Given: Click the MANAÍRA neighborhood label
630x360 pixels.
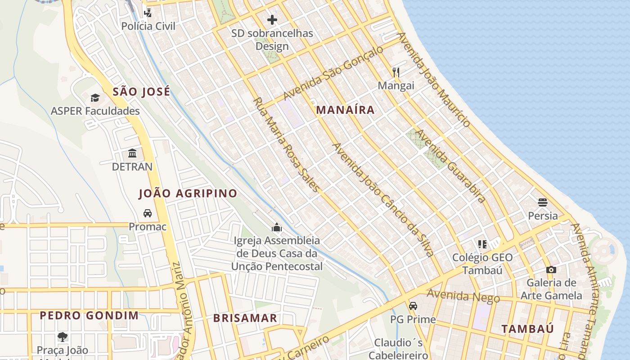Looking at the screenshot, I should click(345, 109).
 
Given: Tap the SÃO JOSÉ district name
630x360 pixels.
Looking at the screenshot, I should click(141, 92).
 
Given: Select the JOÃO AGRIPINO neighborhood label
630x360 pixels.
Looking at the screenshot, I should click(188, 193).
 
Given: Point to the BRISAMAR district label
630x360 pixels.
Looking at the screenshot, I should click(245, 318).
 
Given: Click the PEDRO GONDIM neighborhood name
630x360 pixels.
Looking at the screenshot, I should click(89, 315).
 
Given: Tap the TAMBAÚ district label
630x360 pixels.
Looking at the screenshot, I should click(527, 328).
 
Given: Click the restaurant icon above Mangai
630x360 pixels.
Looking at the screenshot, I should click(396, 72).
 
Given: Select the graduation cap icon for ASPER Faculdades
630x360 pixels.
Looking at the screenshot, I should click(95, 98).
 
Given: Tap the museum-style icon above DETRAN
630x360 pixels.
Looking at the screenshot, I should click(132, 153).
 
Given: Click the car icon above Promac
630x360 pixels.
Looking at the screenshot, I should click(148, 213).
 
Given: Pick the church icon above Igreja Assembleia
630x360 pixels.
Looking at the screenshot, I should click(277, 227).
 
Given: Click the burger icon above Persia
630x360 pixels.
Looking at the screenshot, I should click(543, 202).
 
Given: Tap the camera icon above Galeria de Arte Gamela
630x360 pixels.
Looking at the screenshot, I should click(551, 270).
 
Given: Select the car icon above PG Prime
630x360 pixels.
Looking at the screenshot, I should click(413, 306).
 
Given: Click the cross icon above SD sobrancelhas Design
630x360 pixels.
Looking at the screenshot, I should click(272, 20).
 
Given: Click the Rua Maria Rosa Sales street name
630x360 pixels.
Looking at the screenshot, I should click(286, 145).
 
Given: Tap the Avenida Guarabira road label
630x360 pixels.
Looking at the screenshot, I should click(450, 166).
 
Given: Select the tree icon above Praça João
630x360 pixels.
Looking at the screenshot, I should click(63, 337).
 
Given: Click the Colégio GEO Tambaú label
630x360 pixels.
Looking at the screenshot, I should click(482, 264).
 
